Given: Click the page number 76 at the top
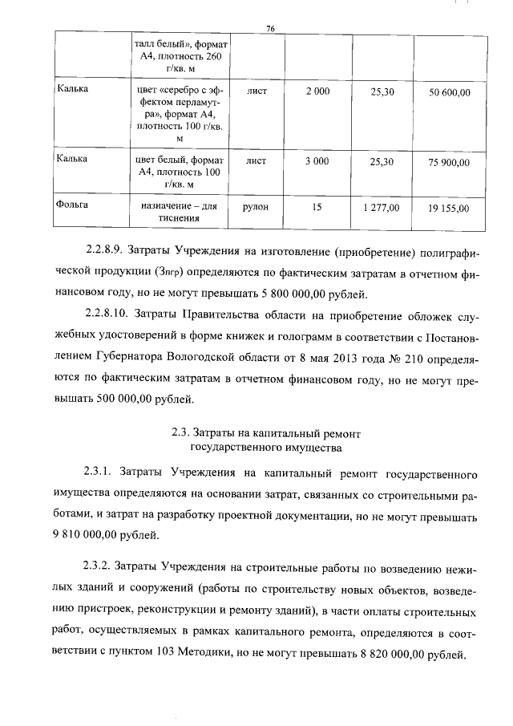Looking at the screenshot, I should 270,28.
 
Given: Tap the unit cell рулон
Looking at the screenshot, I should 256,206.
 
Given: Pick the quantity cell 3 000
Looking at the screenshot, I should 317,161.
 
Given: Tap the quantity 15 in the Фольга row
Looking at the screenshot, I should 317,206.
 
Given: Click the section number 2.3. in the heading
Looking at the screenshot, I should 181,435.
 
